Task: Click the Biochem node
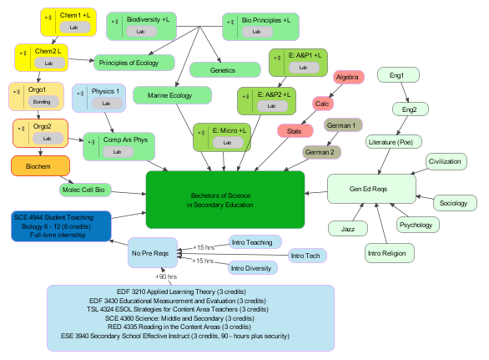click(40, 165)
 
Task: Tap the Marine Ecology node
click(169, 96)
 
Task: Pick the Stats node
click(294, 131)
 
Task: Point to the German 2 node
click(320, 152)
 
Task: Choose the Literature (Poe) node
click(393, 143)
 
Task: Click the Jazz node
click(348, 228)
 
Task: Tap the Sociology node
click(453, 202)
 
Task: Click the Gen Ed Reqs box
click(367, 190)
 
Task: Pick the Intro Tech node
click(307, 255)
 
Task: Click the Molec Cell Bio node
click(88, 190)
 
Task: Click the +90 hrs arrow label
click(166, 276)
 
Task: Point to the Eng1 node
click(397, 76)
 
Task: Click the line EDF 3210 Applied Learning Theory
click(191, 291)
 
